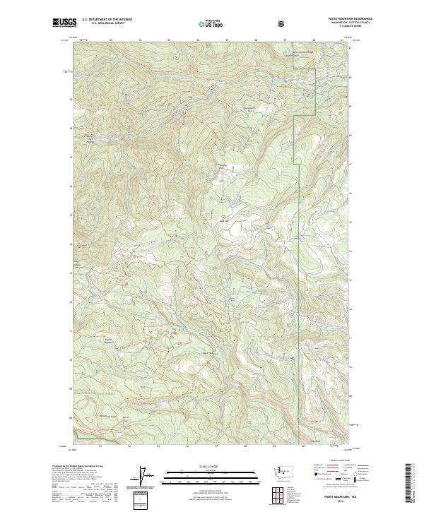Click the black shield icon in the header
pos(281,23)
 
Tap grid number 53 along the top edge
pos(111,40)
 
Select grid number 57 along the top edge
pos(226,40)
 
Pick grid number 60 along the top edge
pos(313,40)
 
